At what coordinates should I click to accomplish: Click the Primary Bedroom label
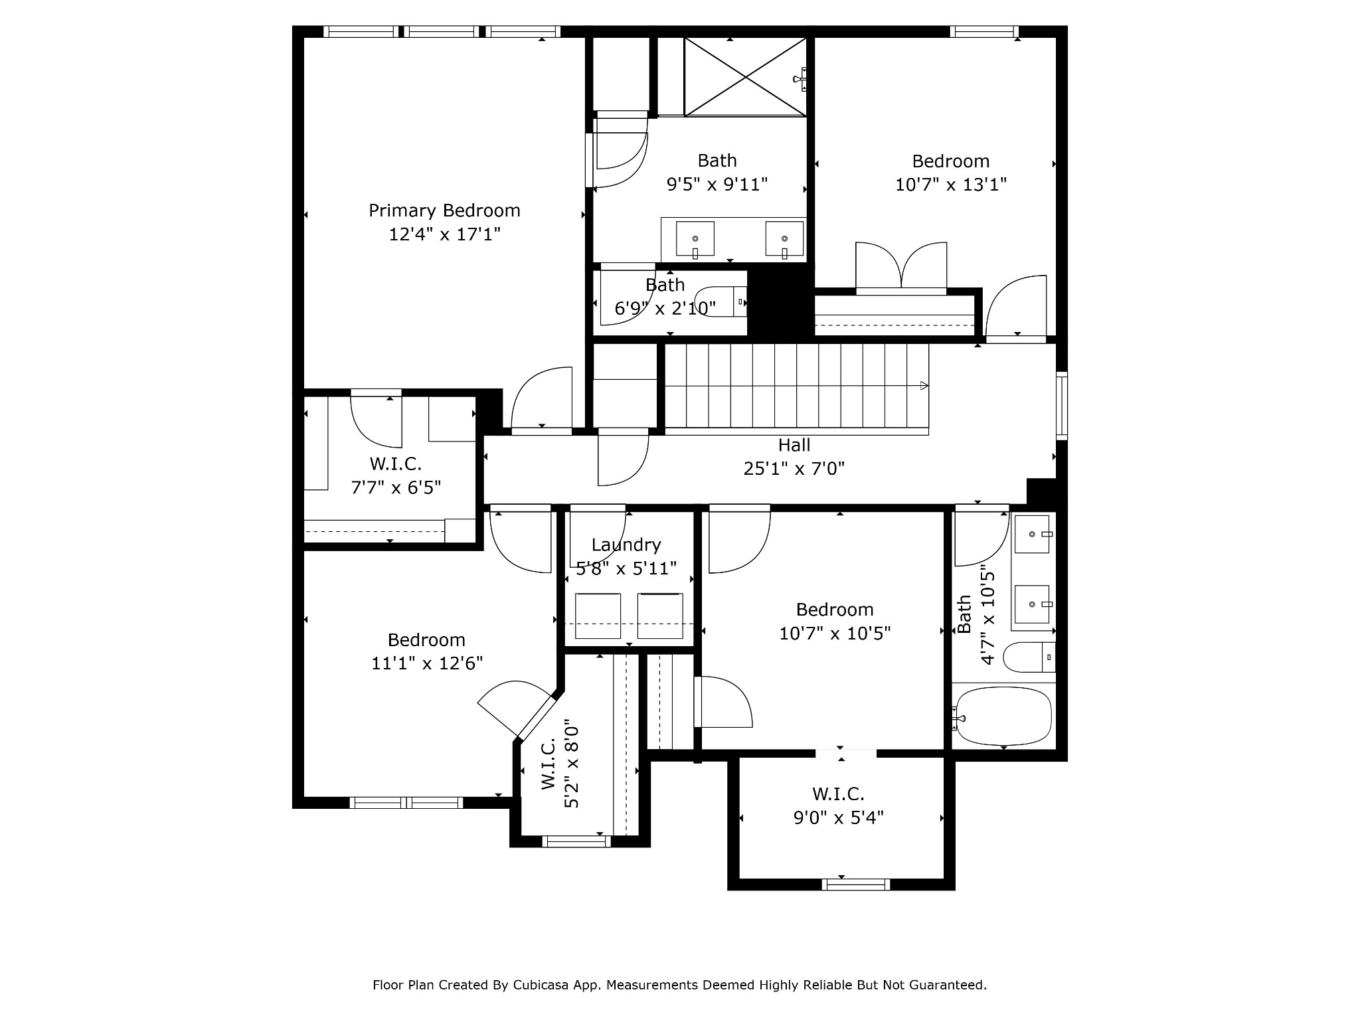pos(444,211)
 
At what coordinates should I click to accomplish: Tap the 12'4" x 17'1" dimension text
pos(444,234)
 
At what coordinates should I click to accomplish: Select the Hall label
pos(794,445)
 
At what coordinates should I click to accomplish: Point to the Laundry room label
pos(626,545)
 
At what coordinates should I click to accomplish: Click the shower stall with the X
pos(746,77)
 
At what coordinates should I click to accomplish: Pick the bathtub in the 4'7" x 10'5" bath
pos(1003,717)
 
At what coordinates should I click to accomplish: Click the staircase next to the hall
pos(797,389)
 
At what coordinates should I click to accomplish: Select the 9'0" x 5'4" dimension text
pos(839,817)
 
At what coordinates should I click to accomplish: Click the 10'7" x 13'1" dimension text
pos(951,185)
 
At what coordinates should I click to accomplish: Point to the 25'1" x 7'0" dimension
pos(794,469)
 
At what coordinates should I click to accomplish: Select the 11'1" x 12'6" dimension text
pos(427,663)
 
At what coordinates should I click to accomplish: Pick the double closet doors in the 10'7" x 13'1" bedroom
pos(901,267)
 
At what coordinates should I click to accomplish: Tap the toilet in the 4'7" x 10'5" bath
pos(1029,657)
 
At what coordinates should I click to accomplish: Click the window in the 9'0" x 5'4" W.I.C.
pos(855,885)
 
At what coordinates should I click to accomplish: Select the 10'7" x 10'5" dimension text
pos(835,634)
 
